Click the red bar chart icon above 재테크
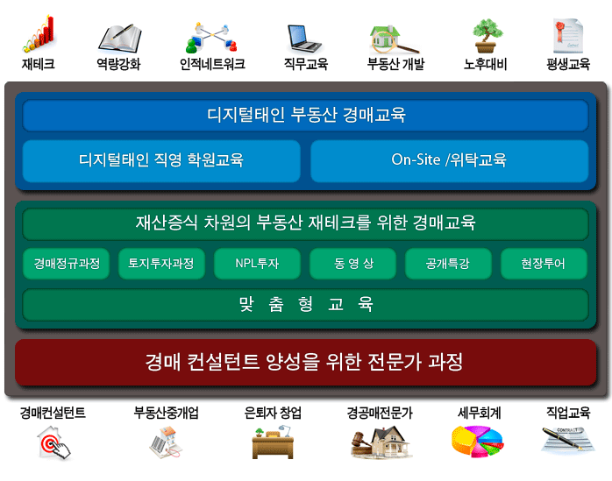pyautogui.click(x=39, y=34)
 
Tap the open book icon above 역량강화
pyautogui.click(x=120, y=39)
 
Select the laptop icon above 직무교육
pyautogui.click(x=304, y=39)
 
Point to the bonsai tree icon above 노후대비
pyautogui.click(x=487, y=36)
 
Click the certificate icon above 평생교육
pyautogui.click(x=568, y=36)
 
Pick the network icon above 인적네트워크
pyautogui.click(x=211, y=38)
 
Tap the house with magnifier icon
pyautogui.click(x=394, y=39)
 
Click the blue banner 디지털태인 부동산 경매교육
pyautogui.click(x=306, y=116)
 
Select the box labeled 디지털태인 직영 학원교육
pyautogui.click(x=161, y=160)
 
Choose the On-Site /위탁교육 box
pyautogui.click(x=449, y=160)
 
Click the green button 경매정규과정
pyautogui.click(x=67, y=264)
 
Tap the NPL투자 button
pyautogui.click(x=257, y=264)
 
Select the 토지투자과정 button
pyautogui.click(x=161, y=264)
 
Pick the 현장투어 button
pyautogui.click(x=544, y=264)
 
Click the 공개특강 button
pyautogui.click(x=448, y=264)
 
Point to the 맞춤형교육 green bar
pyautogui.click(x=306, y=304)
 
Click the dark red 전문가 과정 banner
pyautogui.click(x=306, y=362)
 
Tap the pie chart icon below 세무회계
pyautogui.click(x=477, y=442)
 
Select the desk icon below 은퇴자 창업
pyautogui.click(x=273, y=442)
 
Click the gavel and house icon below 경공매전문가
pyautogui.click(x=381, y=442)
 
